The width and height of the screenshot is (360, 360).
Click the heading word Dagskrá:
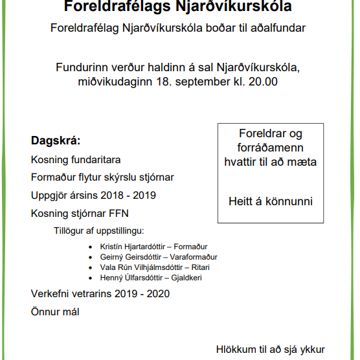click(56, 141)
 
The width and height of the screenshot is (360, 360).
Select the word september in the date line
click(199, 82)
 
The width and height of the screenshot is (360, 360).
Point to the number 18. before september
click(163, 82)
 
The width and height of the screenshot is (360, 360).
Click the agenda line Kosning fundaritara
click(76, 159)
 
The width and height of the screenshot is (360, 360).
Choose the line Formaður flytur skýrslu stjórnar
click(102, 177)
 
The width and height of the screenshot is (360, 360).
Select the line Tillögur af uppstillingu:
click(98, 231)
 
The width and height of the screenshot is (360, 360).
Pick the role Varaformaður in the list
click(195, 257)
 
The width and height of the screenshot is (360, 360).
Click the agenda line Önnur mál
click(55, 311)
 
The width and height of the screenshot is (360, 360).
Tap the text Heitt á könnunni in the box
click(270, 201)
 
